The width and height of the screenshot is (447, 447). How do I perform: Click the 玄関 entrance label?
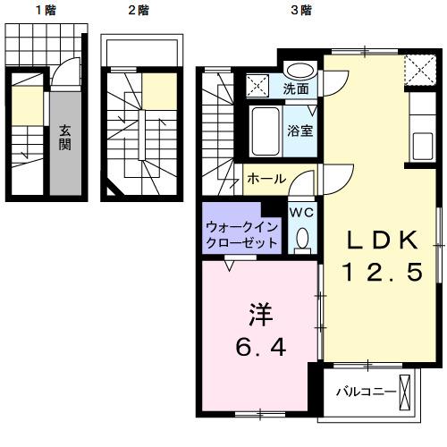pyautogui.click(x=66, y=139)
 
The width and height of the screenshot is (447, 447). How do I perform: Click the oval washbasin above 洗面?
pyautogui.click(x=299, y=72)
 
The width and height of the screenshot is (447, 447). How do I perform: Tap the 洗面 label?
pyautogui.click(x=297, y=89)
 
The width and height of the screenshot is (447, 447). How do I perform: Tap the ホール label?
pyautogui.click(x=266, y=179)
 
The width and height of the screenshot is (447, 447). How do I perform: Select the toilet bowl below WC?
pyautogui.click(x=301, y=238)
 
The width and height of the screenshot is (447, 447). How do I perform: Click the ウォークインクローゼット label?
pyautogui.click(x=240, y=235)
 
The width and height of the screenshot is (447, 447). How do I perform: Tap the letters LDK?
pyautogui.click(x=381, y=240)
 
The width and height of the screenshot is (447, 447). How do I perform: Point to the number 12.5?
pyautogui.click(x=381, y=273)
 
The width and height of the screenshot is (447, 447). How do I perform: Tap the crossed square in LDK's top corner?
pyautogui.click(x=417, y=67)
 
